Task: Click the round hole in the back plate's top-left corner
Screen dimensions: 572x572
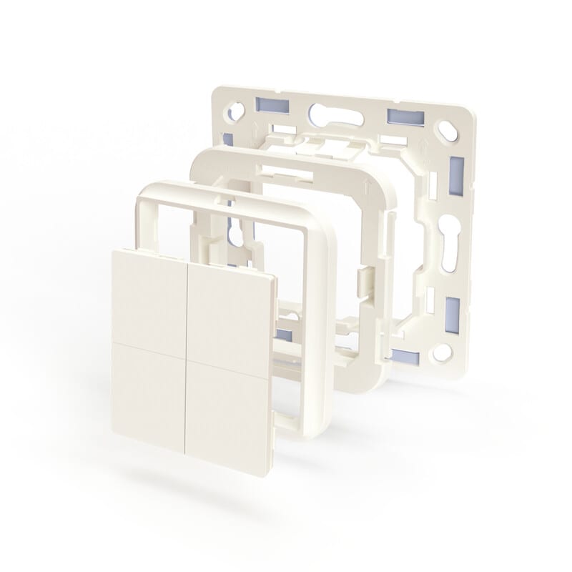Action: (235, 111)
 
